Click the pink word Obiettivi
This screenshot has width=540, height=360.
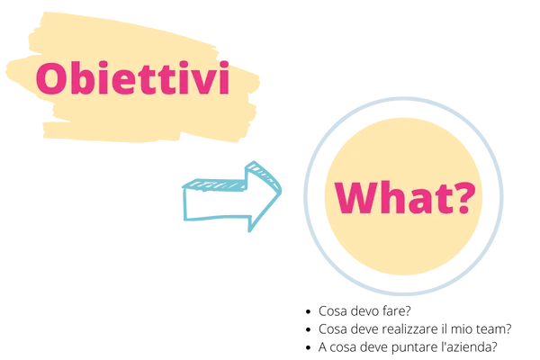pyautogui.click(x=132, y=78)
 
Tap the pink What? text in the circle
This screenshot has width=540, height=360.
pyautogui.click(x=405, y=198)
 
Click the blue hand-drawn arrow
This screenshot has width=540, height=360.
pyautogui.click(x=232, y=196)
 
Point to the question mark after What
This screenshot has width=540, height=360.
pyautogui.click(x=464, y=197)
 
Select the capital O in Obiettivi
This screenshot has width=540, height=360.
pyautogui.click(x=50, y=78)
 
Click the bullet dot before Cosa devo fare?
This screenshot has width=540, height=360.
pyautogui.click(x=308, y=311)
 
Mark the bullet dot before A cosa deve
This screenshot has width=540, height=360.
pyautogui.click(x=308, y=348)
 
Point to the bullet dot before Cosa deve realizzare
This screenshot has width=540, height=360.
pyautogui.click(x=308, y=330)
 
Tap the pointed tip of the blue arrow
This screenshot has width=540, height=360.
pyautogui.click(x=281, y=190)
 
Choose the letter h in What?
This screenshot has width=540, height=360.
pyautogui.click(x=396, y=197)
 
